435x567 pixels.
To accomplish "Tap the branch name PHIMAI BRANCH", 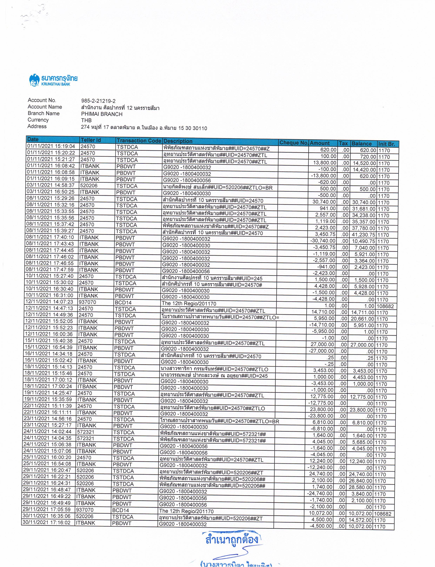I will coord(102,114).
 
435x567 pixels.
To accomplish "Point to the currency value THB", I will coord(86,120).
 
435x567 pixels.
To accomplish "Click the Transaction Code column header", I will coord(139,141).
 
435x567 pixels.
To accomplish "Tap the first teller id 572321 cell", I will coord(86,432).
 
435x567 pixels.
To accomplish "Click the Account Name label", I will coord(45,107).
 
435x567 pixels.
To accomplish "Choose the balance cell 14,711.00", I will coord(362,313).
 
